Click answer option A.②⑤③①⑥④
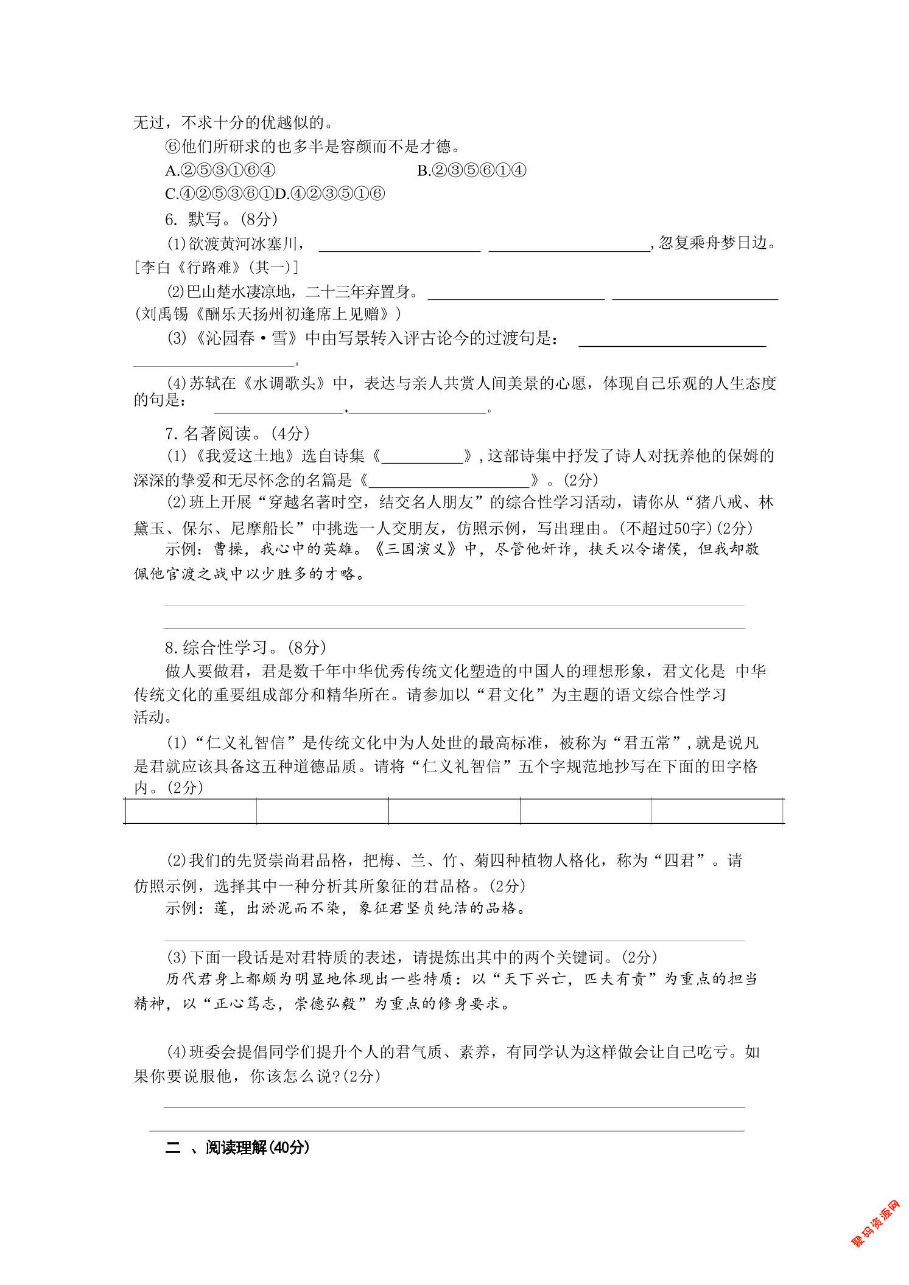click(220, 171)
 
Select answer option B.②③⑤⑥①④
click(471, 171)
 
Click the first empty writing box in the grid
click(191, 812)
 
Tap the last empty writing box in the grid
click(717, 812)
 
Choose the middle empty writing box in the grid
click(454, 812)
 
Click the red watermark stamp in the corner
click(875, 1224)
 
